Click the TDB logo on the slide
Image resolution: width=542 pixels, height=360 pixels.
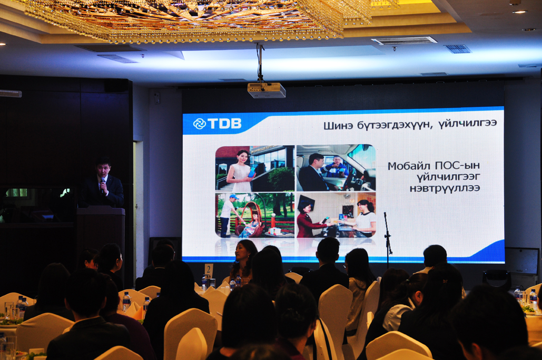click(217, 124)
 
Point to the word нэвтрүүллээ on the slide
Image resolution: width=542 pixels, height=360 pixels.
click(445, 188)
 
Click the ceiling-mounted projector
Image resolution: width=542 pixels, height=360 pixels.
click(266, 90)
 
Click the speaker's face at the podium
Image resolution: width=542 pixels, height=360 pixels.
click(104, 169)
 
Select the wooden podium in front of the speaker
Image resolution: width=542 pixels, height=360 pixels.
click(101, 228)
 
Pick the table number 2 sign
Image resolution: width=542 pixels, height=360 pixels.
click(209, 269)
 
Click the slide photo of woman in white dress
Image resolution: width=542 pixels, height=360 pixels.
click(255, 168)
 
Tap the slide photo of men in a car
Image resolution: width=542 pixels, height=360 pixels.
click(336, 167)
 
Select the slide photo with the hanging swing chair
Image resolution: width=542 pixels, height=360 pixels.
click(255, 215)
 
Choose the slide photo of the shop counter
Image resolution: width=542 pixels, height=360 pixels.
click(336, 215)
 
